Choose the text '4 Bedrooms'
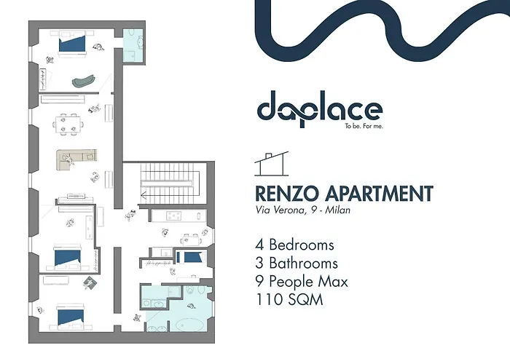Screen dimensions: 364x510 (x=294, y=245)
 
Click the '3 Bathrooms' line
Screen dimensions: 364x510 (x=297, y=263)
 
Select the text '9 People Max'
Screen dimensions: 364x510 (x=302, y=281)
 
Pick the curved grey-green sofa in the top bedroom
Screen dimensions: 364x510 (x=85, y=79)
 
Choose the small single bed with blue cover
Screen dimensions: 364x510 (x=192, y=257)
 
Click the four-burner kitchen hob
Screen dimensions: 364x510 (x=175, y=215)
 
